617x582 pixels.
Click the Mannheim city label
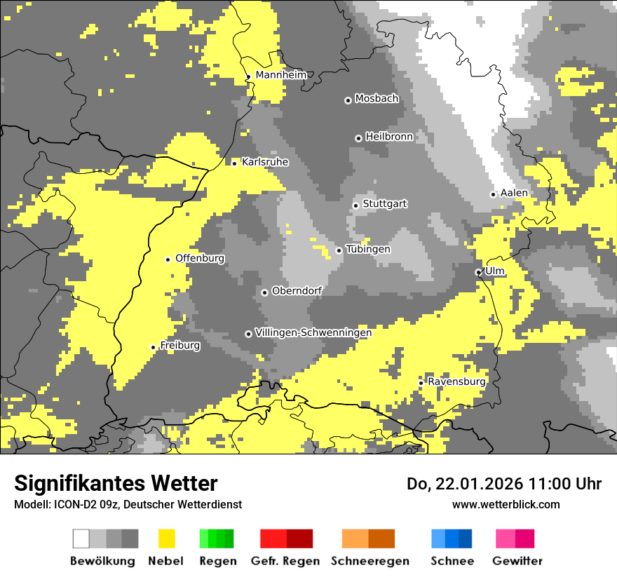[280, 75]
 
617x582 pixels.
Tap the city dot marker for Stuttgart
[356, 205]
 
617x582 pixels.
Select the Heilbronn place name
[389, 137]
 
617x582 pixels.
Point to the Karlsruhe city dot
[235, 163]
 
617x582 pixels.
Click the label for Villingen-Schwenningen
[313, 332]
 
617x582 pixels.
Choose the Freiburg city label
[180, 346]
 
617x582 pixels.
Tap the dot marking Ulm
[479, 272]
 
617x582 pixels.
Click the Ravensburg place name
[456, 381]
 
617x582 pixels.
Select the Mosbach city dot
[348, 100]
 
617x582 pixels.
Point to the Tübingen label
[368, 249]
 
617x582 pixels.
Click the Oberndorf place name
[297, 291]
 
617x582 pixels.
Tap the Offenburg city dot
[168, 259]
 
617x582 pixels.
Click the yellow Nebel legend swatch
[167, 539]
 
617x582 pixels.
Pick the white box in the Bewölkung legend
[81, 539]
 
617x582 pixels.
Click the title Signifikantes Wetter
[116, 484]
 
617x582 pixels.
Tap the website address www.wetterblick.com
[506, 504]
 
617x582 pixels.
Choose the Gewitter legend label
[517, 561]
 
